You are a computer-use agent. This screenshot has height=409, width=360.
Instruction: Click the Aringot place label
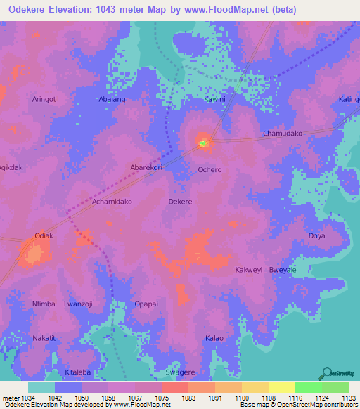coord(44,100)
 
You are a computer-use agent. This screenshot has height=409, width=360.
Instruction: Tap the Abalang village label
coord(112,100)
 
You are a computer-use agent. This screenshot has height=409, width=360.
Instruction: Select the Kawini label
coord(214,100)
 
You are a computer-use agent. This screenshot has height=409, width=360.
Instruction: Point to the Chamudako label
coord(282,133)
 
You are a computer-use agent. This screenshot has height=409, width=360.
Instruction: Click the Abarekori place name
coord(146,167)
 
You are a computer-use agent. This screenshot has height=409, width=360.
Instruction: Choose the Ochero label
coord(210,170)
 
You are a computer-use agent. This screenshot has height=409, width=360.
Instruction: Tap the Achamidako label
coord(112,201)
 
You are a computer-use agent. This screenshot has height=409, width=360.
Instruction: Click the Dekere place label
coord(180,201)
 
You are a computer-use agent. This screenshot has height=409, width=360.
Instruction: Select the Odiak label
coord(44,235)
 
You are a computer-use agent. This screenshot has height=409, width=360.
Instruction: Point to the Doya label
coord(317,235)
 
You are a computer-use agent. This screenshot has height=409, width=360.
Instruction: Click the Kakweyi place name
coord(248,270)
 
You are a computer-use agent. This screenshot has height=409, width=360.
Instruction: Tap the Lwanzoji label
coord(78,304)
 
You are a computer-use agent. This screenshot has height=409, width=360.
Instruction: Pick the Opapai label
coord(146,304)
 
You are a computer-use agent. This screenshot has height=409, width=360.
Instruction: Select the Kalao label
coord(214,338)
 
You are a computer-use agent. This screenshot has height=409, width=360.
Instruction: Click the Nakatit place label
coord(44,338)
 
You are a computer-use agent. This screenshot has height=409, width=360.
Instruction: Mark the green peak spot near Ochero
coord(204,143)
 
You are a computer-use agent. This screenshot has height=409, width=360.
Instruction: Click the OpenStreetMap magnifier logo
coord(327,372)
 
